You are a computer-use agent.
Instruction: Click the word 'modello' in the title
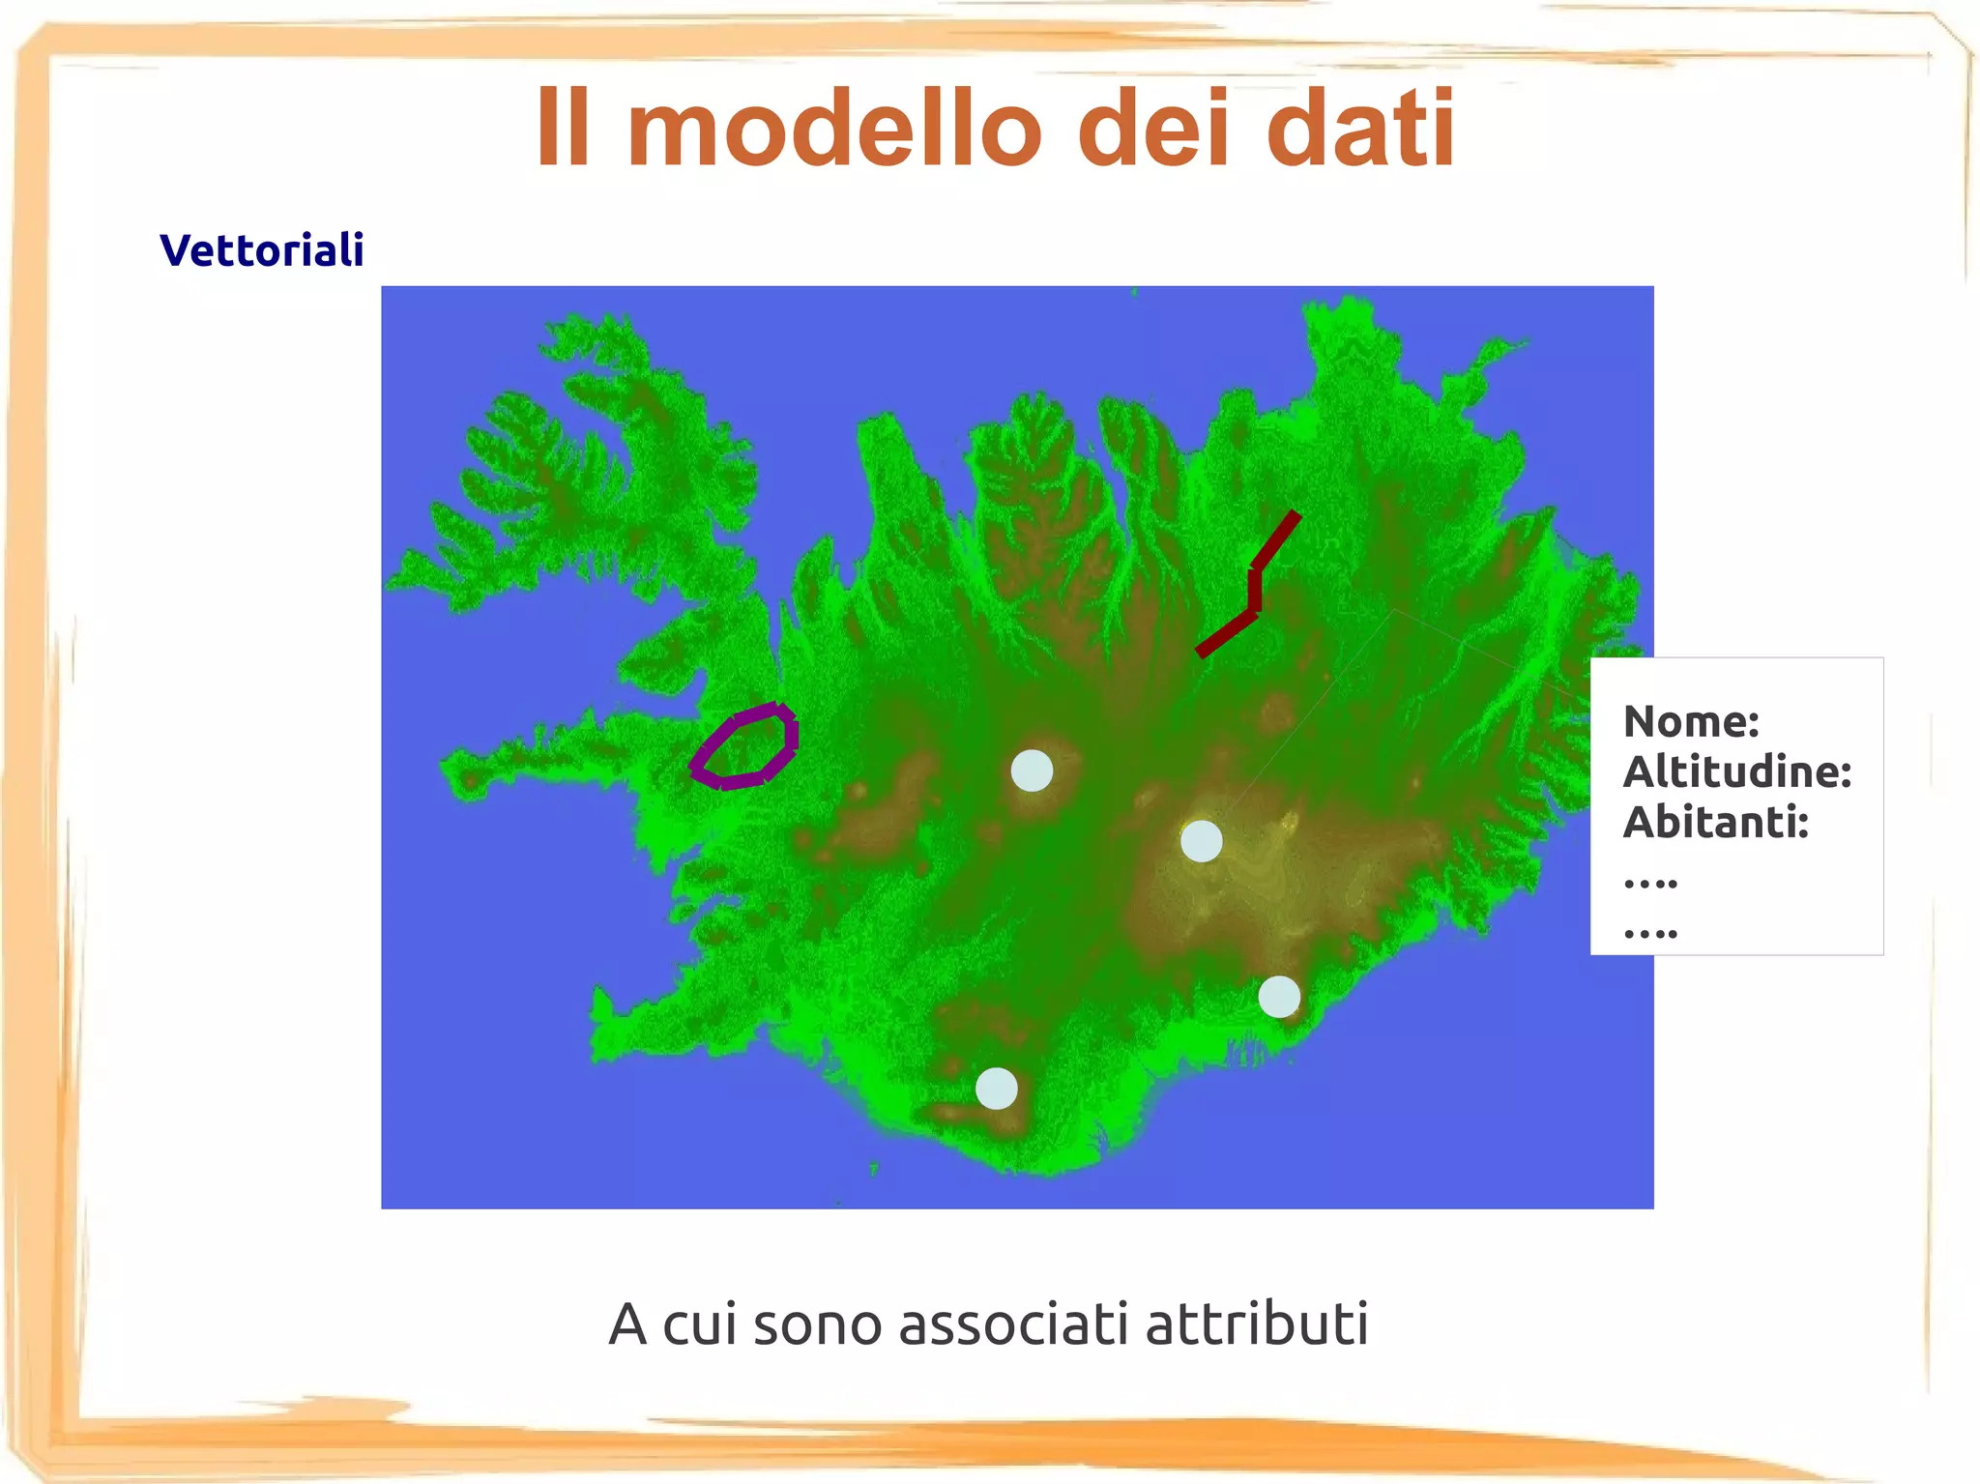[833, 129]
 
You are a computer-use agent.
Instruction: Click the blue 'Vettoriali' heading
[261, 250]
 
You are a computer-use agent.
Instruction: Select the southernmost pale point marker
[996, 1089]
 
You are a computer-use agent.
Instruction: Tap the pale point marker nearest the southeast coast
[1279, 997]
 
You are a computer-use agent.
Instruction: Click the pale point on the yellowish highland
[1201, 841]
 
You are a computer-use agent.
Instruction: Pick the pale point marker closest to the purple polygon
[1032, 771]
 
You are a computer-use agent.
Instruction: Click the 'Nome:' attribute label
[1690, 721]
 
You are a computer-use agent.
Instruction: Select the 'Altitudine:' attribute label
[1736, 771]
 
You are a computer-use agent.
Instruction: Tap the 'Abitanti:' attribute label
[1715, 823]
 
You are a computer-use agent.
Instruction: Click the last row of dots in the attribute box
[1650, 934]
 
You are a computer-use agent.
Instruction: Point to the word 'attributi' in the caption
[1257, 1324]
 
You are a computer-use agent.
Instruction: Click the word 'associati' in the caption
[1013, 1324]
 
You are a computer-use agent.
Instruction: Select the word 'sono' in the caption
[817, 1324]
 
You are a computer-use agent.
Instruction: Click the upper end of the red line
[1294, 518]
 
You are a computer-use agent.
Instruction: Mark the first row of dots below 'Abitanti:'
[1650, 883]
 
